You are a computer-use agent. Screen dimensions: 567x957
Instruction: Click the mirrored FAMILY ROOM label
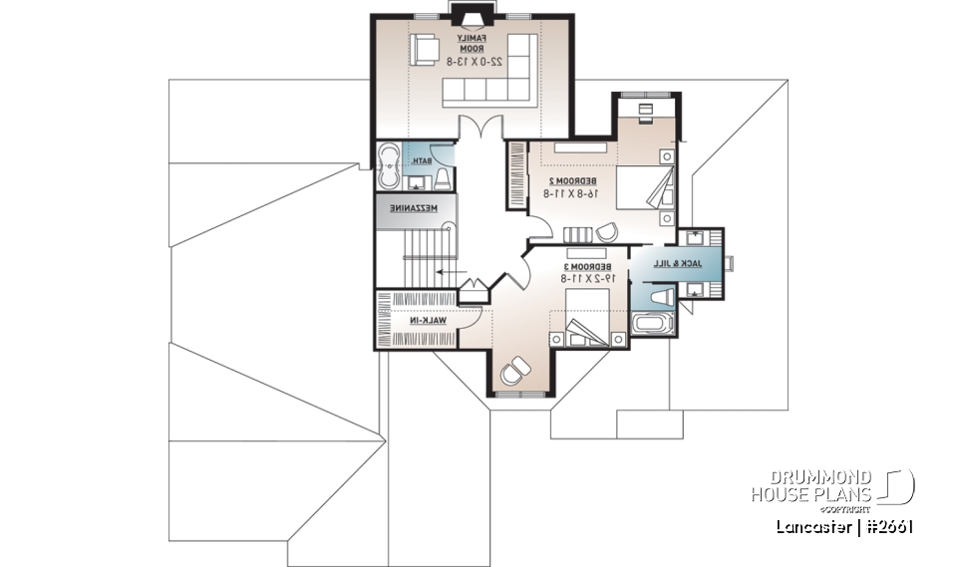click(x=472, y=42)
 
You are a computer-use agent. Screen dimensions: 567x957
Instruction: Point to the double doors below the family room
click(x=480, y=129)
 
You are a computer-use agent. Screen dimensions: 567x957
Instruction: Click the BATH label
click(x=423, y=160)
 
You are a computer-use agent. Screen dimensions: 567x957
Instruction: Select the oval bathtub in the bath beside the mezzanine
click(x=389, y=166)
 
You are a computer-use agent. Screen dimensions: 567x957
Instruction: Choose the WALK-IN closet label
click(x=427, y=321)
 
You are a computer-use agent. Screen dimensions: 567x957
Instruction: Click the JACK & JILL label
click(x=678, y=264)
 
